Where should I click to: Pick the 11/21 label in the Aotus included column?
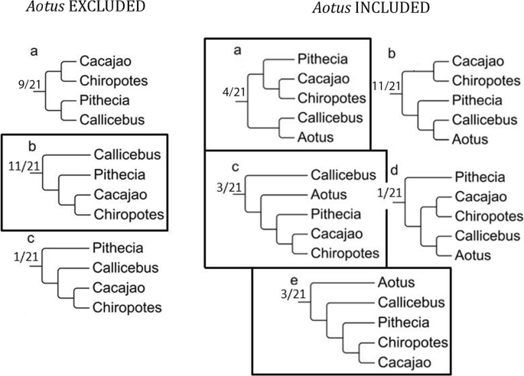385,86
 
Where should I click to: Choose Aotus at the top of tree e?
396,283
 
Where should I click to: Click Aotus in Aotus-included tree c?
329,195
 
